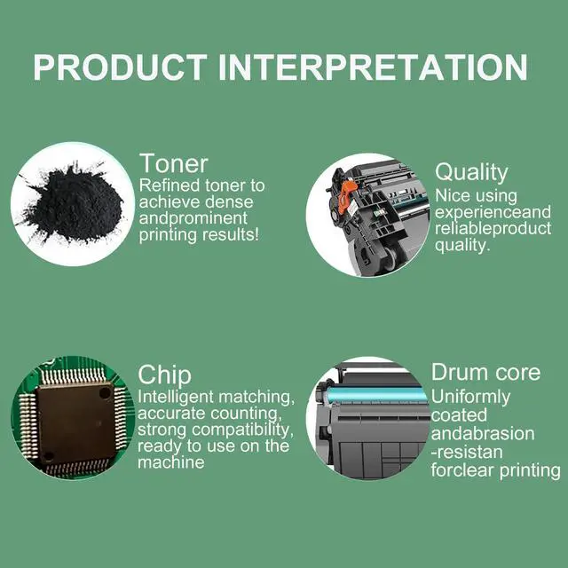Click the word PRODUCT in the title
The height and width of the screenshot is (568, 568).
[121, 67]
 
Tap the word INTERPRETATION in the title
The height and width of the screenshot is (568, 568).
[373, 67]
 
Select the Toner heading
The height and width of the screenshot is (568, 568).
[174, 163]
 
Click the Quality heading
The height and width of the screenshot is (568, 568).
[471, 173]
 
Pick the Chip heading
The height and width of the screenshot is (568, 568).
[164, 375]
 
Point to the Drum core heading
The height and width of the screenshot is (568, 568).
[485, 372]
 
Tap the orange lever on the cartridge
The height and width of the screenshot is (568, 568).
[347, 191]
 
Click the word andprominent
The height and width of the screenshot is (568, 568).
[193, 219]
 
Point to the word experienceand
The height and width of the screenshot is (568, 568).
[493, 212]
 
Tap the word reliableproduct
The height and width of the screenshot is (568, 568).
[493, 229]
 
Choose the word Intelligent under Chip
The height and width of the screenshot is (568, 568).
[176, 398]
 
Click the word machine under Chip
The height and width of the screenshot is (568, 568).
[171, 462]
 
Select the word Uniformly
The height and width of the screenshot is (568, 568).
[470, 398]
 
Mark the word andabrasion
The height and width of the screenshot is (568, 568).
[483, 434]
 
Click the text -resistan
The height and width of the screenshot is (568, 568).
[467, 453]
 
